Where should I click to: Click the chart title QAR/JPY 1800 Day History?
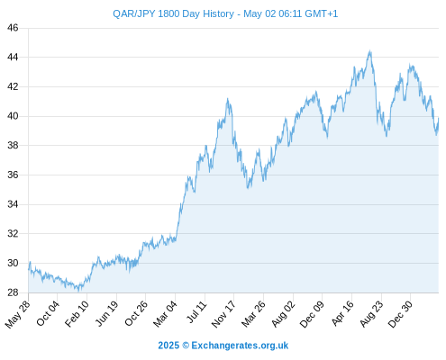pyautogui.click(x=173, y=13)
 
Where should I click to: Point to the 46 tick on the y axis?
pyautogui.click(x=13, y=28)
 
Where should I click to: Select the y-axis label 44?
pyautogui.click(x=13, y=57)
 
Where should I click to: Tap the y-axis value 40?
pyautogui.click(x=13, y=116)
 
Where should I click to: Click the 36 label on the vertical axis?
pyautogui.click(x=13, y=175)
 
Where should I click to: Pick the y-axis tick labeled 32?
pyautogui.click(x=13, y=233)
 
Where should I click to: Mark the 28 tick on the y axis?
pyautogui.click(x=13, y=292)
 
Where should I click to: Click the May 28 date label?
pyautogui.click(x=18, y=314)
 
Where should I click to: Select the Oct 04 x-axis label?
pyautogui.click(x=48, y=313)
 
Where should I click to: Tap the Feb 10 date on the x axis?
pyautogui.click(x=77, y=313)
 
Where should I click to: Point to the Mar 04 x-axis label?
pyautogui.click(x=166, y=313)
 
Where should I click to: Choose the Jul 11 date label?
pyautogui.click(x=196, y=312)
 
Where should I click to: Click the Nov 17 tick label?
pyautogui.click(x=223, y=314)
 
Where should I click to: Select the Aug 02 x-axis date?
pyautogui.click(x=283, y=313)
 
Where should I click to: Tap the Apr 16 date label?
pyautogui.click(x=342, y=313)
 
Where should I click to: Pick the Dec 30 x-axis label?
pyautogui.click(x=400, y=314)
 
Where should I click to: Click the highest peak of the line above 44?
pyautogui.click(x=370, y=51)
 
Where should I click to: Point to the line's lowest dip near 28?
pyautogui.click(x=78, y=291)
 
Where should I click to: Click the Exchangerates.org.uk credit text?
pyautogui.click(x=240, y=346)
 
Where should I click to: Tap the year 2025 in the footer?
pyautogui.click(x=168, y=346)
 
